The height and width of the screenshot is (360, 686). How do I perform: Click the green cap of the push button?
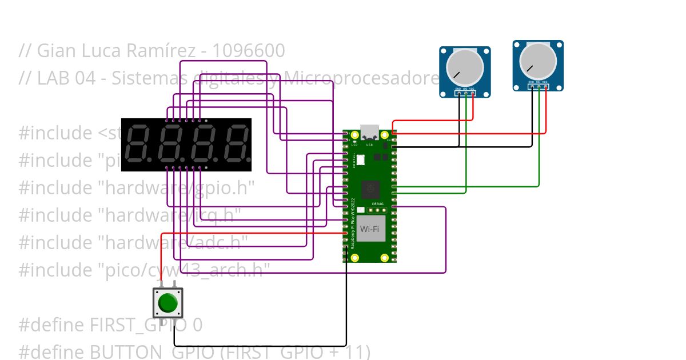click(x=167, y=303)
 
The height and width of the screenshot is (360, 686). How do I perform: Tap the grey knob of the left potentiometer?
click(x=464, y=67)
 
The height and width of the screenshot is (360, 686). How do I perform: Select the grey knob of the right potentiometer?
click(x=538, y=61)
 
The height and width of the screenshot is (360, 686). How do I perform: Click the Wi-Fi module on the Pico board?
click(x=370, y=229)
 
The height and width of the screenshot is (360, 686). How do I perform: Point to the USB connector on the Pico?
click(x=370, y=132)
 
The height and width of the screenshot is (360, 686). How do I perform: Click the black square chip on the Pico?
click(x=370, y=187)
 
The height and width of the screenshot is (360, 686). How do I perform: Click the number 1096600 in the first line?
click(x=248, y=51)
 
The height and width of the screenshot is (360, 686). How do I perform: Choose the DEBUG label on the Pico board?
click(x=378, y=203)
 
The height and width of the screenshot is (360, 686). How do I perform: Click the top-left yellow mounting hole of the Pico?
click(x=354, y=135)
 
